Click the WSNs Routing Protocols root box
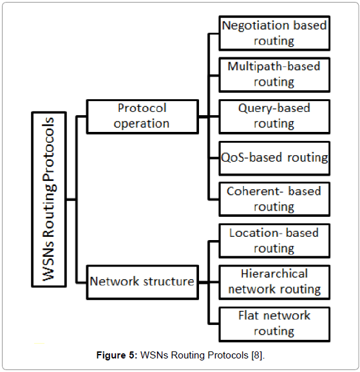49,200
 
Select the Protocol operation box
142,116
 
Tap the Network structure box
142,283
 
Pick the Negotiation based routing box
274,33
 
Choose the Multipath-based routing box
274,75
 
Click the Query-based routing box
274,116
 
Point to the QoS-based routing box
274,158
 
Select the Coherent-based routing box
274,200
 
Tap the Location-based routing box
274,241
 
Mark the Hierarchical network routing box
274,283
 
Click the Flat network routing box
274,324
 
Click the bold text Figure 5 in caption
117,355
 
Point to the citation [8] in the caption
257,355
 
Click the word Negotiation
255,25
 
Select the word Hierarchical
274,274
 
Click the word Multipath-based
274,66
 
